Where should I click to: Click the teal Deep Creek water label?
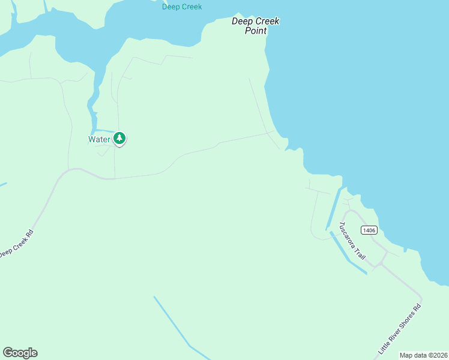coord(182,7)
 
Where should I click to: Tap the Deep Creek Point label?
coord(256,26)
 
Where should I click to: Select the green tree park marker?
coord(119,139)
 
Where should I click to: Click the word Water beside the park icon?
coord(99,139)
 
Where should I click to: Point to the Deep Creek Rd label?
coord(16,243)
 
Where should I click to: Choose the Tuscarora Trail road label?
coord(352,241)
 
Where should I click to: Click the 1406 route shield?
coord(369,230)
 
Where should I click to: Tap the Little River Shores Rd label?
coord(400,329)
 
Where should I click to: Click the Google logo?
coord(20,353)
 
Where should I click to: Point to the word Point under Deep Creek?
coord(256,31)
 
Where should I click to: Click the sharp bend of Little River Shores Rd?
coord(421,298)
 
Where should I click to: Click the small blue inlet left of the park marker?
coord(102,130)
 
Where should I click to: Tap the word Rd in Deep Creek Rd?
coord(28,232)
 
